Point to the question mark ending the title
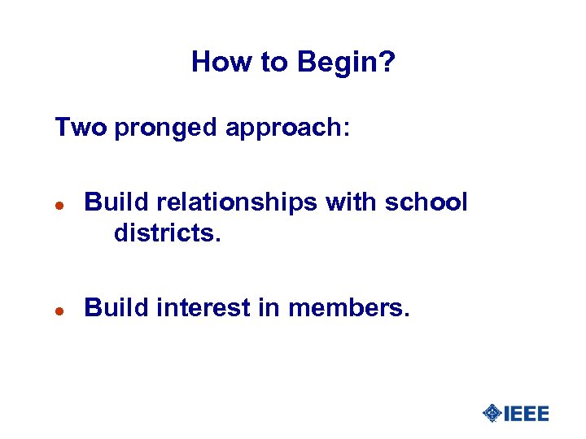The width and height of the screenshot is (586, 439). (x=387, y=62)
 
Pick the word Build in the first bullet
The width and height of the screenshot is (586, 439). (x=112, y=202)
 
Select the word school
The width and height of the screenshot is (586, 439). (x=426, y=202)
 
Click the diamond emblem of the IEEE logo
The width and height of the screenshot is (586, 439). (x=492, y=413)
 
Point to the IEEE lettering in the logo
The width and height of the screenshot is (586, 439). (x=527, y=413)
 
